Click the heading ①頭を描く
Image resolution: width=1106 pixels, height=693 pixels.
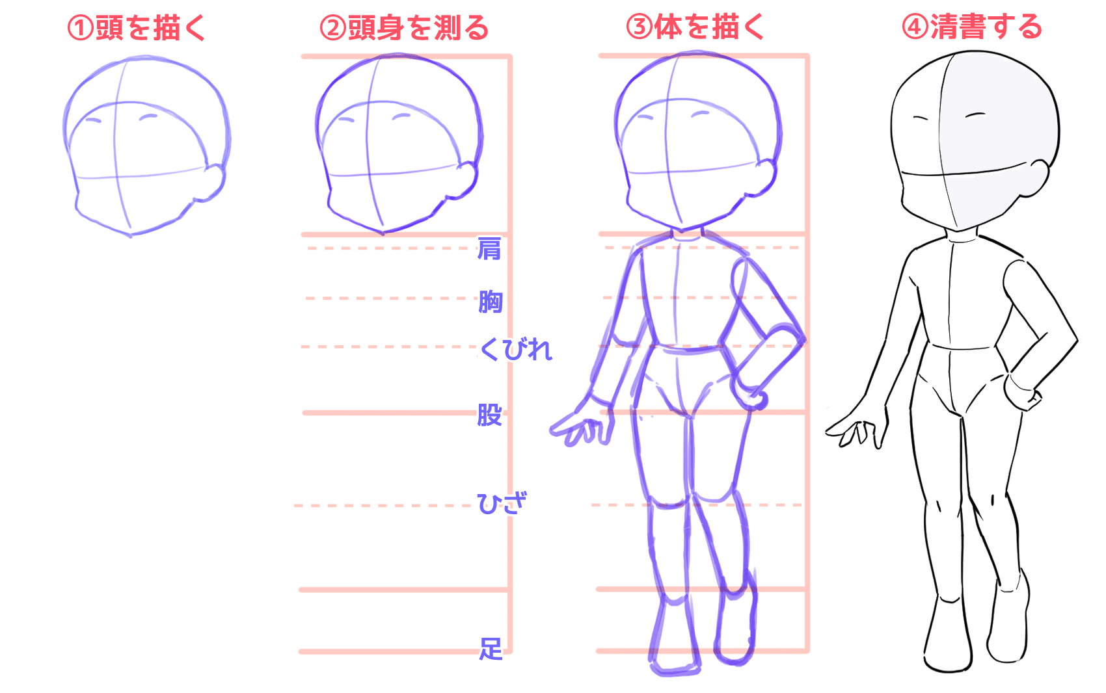tap(137, 28)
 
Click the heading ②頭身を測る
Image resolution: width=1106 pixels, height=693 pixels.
tap(404, 28)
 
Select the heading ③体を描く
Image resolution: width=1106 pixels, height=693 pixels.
tap(695, 27)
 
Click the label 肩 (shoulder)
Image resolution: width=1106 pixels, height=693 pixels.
tap(489, 248)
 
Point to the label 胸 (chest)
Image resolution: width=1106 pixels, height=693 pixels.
tap(491, 302)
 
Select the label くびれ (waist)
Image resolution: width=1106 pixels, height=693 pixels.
tap(516, 350)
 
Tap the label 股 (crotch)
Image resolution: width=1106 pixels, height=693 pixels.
tap(490, 414)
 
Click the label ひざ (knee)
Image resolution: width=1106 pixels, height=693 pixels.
tap(501, 503)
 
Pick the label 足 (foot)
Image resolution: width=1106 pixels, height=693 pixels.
tap(491, 648)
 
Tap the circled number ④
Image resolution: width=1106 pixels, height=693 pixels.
tap(915, 27)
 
